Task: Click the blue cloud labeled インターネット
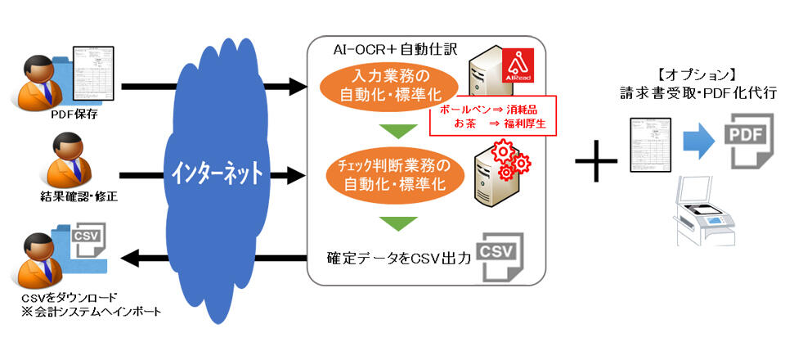[x=217, y=172]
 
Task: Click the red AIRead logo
[x=518, y=65]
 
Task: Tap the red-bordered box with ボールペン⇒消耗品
[x=493, y=115]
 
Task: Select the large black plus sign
[x=597, y=156]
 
